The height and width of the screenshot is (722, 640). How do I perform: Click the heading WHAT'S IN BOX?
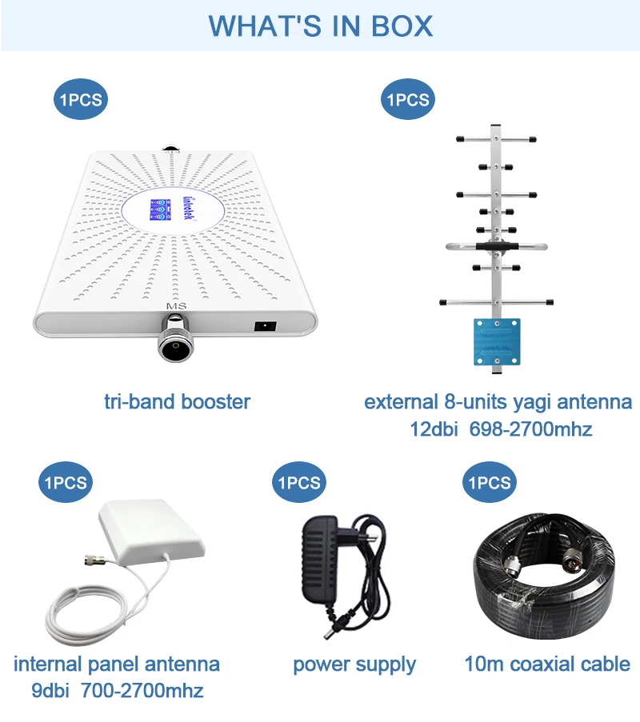click(320, 26)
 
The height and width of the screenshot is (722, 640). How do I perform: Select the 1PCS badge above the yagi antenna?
click(408, 100)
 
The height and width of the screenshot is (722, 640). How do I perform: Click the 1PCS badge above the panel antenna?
click(66, 483)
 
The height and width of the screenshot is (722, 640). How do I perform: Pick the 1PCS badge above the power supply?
click(298, 483)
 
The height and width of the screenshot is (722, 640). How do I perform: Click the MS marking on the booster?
click(175, 306)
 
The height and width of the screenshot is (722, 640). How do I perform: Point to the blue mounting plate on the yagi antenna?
click(497, 339)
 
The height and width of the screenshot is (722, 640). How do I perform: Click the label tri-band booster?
click(177, 401)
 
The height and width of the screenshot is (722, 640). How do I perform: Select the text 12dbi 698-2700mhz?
click(501, 429)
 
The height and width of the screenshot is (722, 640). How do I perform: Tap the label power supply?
click(354, 664)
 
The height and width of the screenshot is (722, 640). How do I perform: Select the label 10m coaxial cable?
click(547, 664)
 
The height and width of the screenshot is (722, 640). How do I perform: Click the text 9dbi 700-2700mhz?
click(117, 690)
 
